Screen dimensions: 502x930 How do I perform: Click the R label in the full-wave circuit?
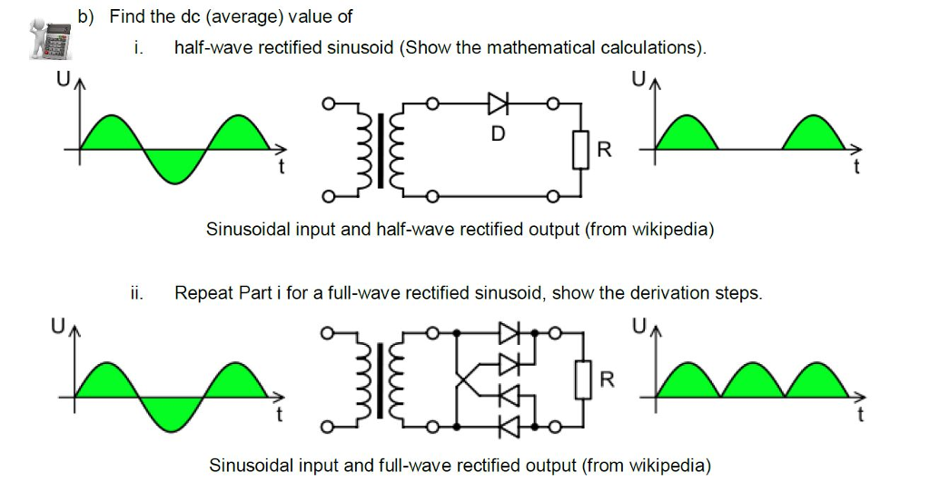point(606,380)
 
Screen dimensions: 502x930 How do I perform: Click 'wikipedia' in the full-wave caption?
point(666,466)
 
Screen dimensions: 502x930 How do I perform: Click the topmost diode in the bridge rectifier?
point(510,334)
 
